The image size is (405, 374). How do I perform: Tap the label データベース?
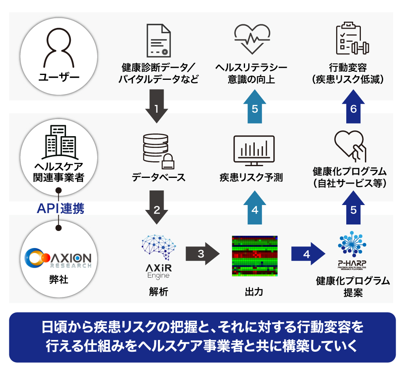pyautogui.click(x=158, y=177)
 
